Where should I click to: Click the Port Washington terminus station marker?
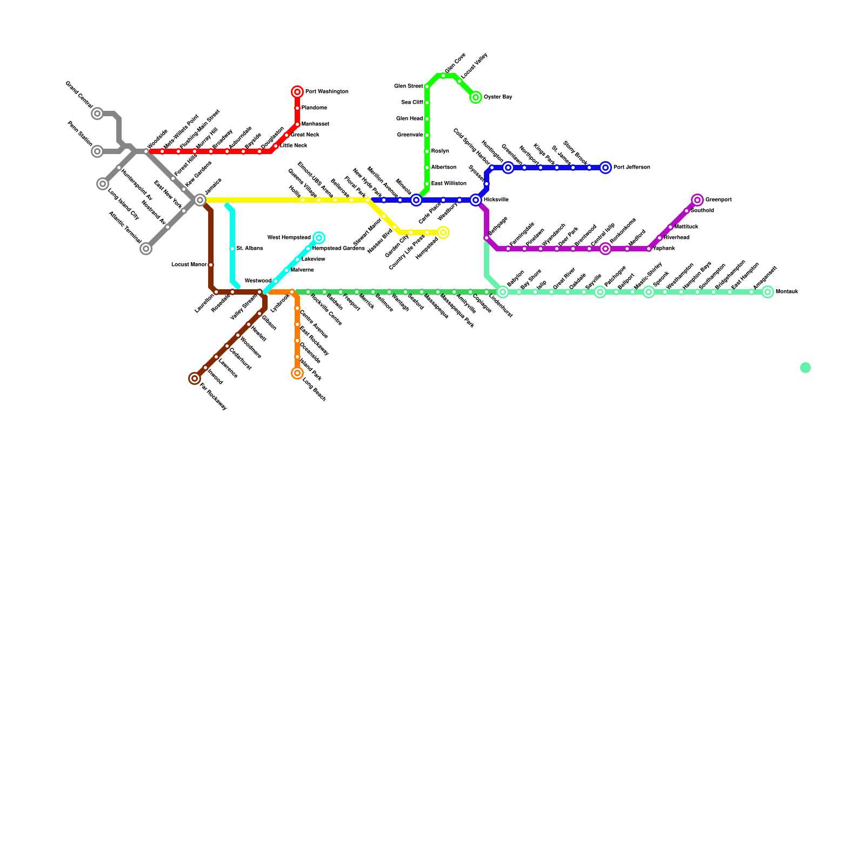pos(297,92)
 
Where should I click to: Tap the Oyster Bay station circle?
pos(476,97)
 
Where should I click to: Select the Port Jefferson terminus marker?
pos(605,168)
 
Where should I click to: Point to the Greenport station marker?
pos(697,200)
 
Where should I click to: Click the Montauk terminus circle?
pos(768,292)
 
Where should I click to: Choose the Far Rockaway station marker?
pos(195,378)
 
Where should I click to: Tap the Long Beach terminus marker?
pos(297,373)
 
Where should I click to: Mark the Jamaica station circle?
pos(200,200)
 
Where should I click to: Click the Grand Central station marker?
pos(97,114)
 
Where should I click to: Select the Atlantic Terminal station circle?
pos(146,249)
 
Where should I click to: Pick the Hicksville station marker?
pos(476,200)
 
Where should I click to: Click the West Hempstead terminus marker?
pos(319,238)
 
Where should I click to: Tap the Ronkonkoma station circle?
pos(605,249)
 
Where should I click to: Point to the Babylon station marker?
pos(503,292)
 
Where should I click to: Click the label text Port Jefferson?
pos(631,168)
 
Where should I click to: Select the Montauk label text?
pos(787,292)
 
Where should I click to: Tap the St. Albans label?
pos(250,249)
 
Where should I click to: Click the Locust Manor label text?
pos(189,265)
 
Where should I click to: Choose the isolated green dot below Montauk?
pos(806,368)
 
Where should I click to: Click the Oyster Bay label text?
pos(498,97)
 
